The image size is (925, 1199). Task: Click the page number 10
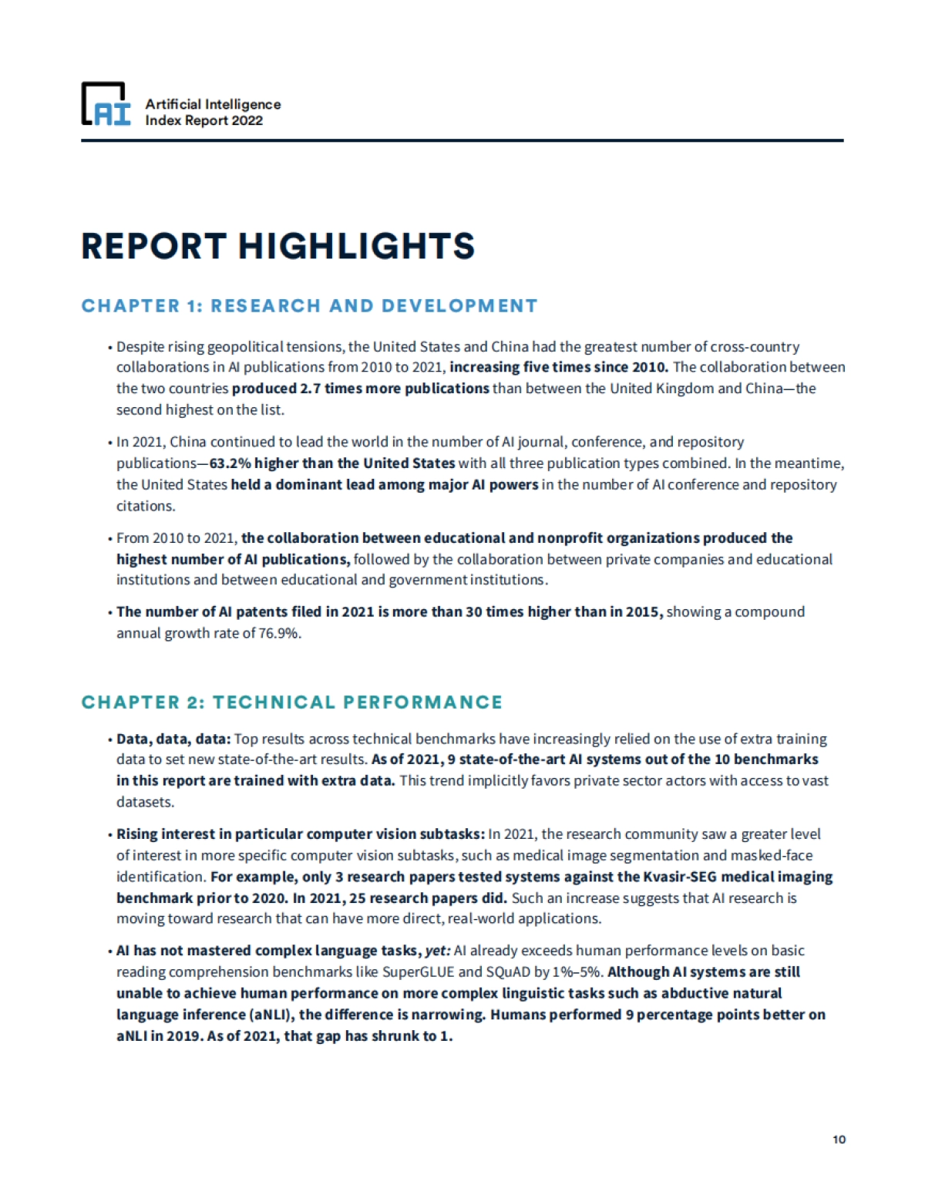tap(839, 1140)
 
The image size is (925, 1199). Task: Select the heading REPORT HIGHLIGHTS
tap(277, 247)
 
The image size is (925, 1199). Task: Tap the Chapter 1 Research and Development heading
tap(309, 306)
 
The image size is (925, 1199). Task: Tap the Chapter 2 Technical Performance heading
tap(292, 702)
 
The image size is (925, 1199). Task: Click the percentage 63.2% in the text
tap(230, 463)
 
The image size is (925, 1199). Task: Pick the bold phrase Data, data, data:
tap(173, 739)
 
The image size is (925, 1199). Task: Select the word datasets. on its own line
tap(145, 802)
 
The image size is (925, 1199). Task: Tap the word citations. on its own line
tap(146, 506)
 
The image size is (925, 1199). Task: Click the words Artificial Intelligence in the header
tap(214, 104)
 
